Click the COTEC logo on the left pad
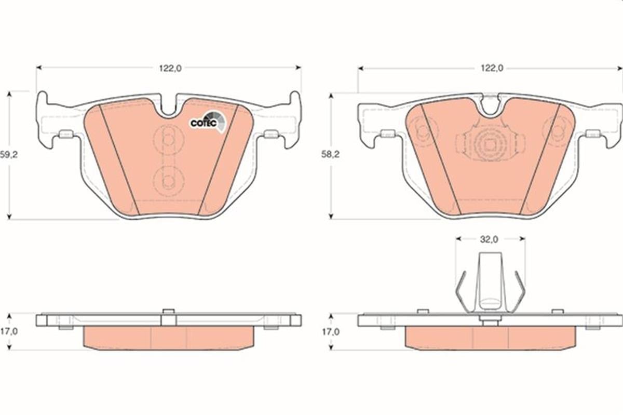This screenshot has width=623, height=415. tap(207, 122)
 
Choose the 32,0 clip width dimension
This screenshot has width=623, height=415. tap(489, 239)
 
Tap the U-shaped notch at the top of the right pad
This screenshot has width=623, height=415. tap(490, 105)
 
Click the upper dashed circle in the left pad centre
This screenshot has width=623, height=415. tap(168, 139)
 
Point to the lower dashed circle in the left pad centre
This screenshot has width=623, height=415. tap(168, 180)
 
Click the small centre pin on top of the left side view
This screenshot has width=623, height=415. tap(168, 312)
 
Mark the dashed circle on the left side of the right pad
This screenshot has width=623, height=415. tap(421, 127)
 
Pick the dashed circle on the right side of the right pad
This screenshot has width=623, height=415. tap(557, 127)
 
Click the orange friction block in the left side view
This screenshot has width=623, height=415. tap(169, 338)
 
